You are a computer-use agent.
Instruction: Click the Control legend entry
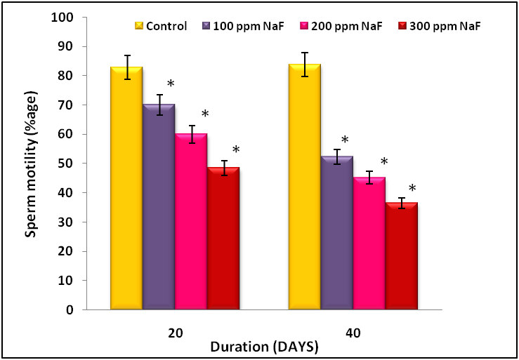(x=161, y=26)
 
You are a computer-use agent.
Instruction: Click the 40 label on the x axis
(x=353, y=329)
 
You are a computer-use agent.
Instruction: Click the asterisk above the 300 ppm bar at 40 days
(x=412, y=188)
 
